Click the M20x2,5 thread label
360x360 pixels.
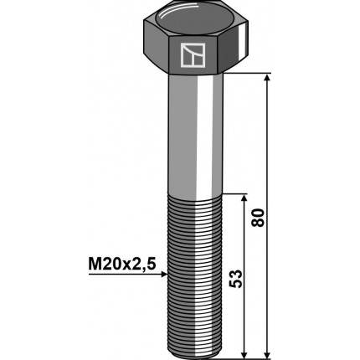point(121,265)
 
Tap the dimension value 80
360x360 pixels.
point(258,218)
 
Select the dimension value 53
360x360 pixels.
point(234,279)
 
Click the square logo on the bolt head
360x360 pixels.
point(193,55)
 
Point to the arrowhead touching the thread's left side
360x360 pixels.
point(164,275)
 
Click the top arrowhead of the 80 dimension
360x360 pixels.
point(267,77)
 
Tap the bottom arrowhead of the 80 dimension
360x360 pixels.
point(267,355)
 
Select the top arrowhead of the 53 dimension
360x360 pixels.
point(244,198)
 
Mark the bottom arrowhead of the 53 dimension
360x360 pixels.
point(244,355)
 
